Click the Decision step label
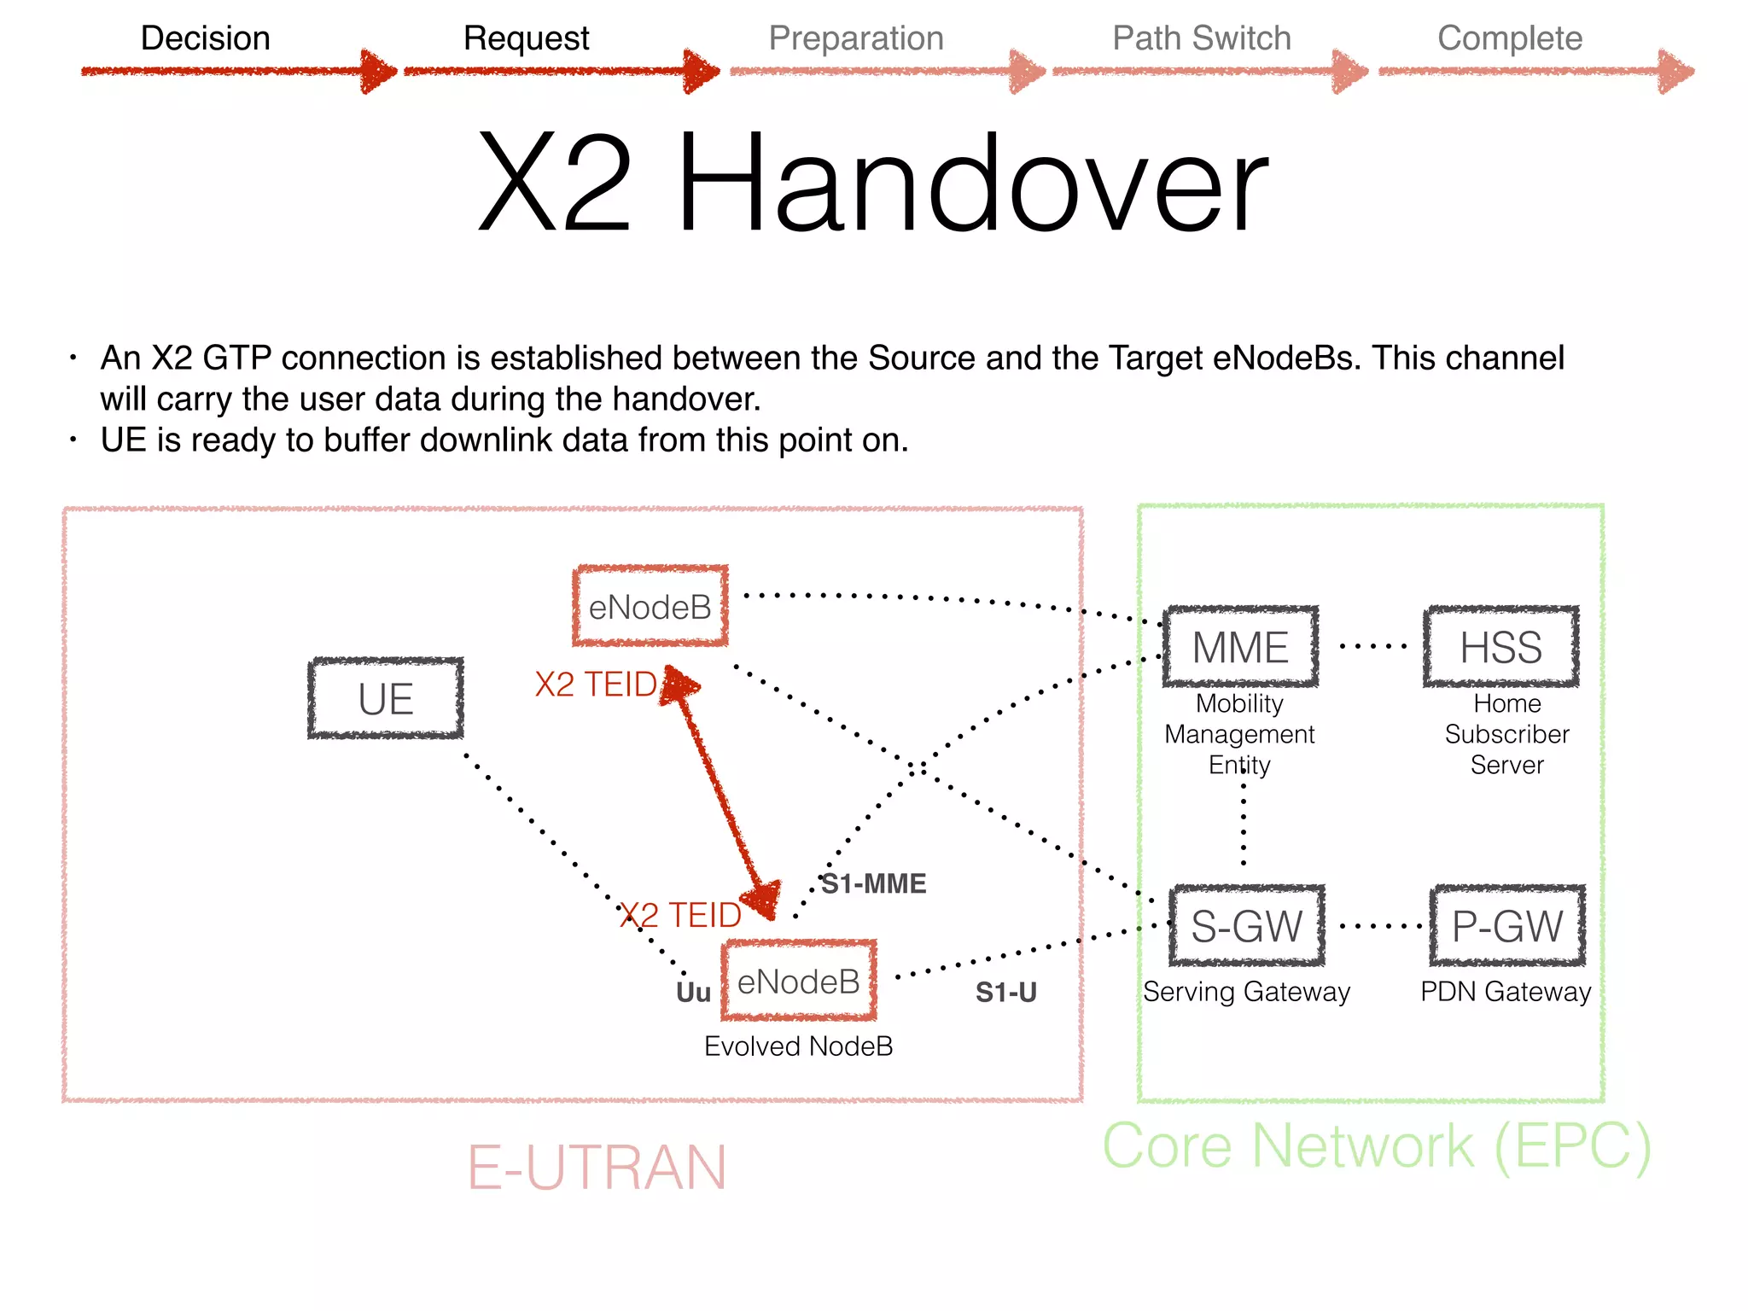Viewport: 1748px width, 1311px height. [x=205, y=38]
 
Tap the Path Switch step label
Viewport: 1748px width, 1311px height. [x=1201, y=38]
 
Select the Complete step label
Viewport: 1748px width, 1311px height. [x=1509, y=38]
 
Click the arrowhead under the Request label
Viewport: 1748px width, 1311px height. [x=702, y=71]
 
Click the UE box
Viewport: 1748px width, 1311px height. [x=386, y=698]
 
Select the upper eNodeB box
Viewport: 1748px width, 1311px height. [x=650, y=607]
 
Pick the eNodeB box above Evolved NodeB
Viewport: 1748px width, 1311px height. [x=799, y=982]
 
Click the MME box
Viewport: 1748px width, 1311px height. [x=1240, y=647]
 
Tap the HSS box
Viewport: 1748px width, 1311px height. [x=1500, y=647]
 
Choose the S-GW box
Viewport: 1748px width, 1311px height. [x=1247, y=926]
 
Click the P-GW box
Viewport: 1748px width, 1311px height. [x=1507, y=926]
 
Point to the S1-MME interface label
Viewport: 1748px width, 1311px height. [x=873, y=883]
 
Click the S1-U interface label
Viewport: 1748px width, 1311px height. [x=1005, y=992]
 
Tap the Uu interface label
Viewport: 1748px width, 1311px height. [x=693, y=993]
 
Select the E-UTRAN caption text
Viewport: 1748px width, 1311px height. [x=597, y=1167]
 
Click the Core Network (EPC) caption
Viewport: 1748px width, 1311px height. [x=1376, y=1145]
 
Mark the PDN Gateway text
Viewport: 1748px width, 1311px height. [x=1506, y=992]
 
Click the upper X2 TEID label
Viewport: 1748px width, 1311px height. [x=596, y=685]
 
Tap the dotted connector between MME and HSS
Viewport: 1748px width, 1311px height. [x=1372, y=647]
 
